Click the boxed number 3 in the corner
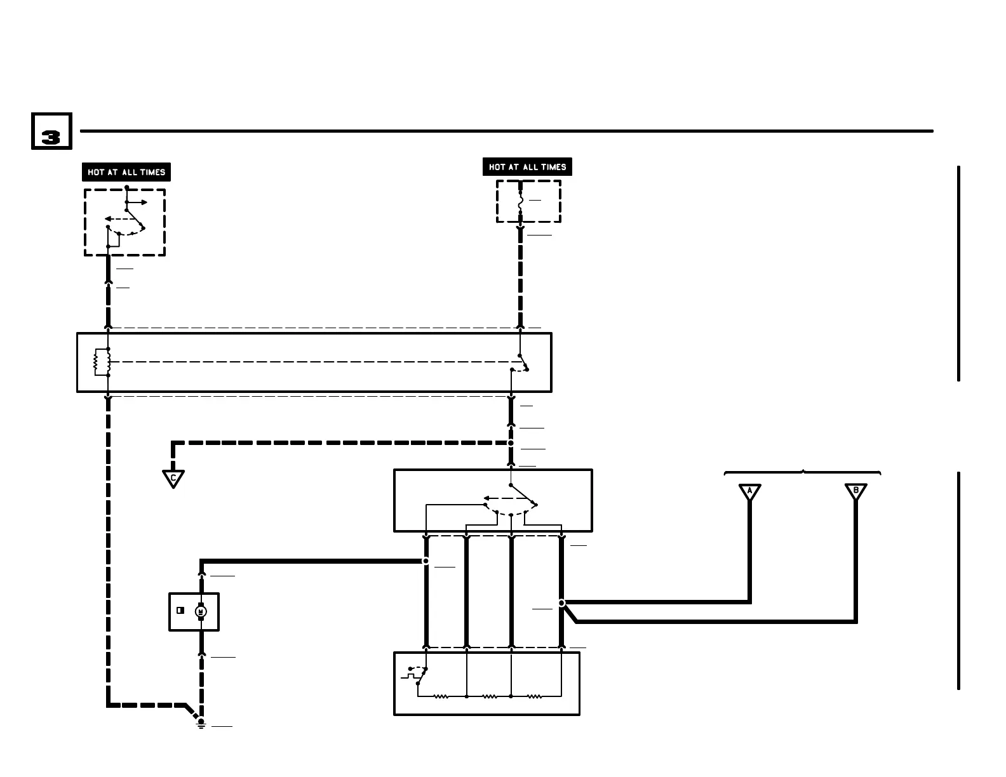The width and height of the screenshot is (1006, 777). click(51, 131)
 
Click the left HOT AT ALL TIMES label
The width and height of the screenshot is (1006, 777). click(126, 172)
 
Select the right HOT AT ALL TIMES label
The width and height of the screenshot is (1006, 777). click(527, 167)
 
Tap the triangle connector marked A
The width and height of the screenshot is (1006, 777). click(749, 491)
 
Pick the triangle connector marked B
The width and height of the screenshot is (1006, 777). click(855, 491)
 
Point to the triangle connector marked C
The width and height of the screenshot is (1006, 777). click(173, 478)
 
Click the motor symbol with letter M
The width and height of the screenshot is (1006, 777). click(201, 611)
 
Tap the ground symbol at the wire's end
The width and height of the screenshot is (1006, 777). click(201, 724)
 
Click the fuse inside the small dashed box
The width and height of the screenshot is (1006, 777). click(520, 202)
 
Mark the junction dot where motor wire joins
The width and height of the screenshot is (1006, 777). click(426, 561)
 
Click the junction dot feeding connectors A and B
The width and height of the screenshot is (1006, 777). click(561, 603)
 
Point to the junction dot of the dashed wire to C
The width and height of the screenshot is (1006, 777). click(511, 443)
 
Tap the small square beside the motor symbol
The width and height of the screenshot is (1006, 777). click(180, 611)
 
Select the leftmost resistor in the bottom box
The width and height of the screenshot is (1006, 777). click(441, 696)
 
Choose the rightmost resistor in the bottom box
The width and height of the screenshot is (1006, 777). click(535, 696)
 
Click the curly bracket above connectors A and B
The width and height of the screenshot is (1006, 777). click(802, 472)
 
